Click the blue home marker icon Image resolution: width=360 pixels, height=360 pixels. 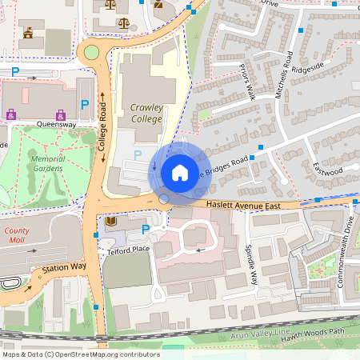point(179,172)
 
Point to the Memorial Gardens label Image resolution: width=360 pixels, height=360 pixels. point(47,163)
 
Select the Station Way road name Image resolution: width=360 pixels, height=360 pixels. point(64,267)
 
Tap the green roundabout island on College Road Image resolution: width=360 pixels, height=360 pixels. point(90,53)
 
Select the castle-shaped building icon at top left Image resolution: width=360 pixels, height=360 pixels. point(29,34)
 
